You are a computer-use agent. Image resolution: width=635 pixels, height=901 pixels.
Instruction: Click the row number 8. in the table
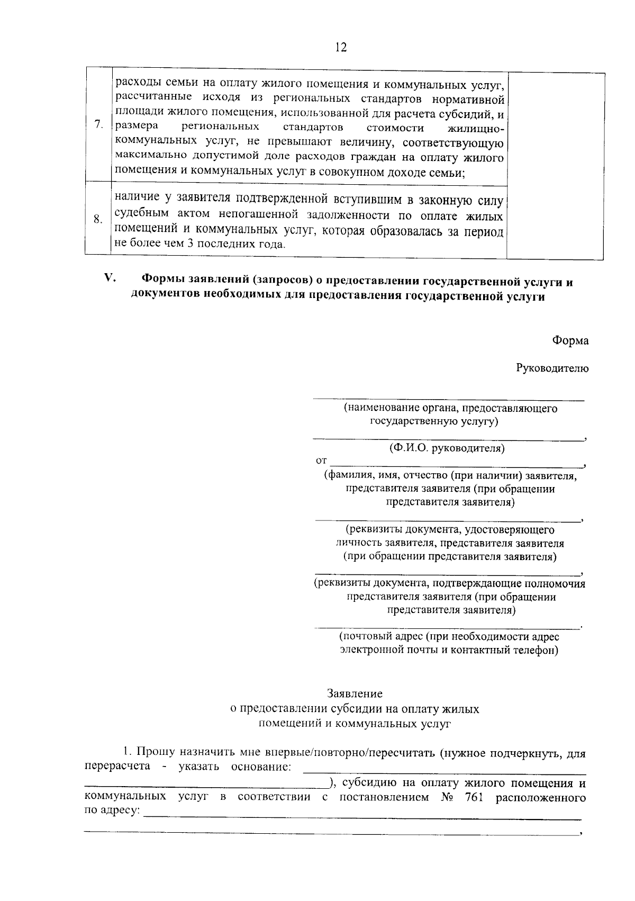[x=98, y=219]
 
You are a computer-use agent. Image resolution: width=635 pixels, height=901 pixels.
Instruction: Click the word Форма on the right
[x=570, y=341]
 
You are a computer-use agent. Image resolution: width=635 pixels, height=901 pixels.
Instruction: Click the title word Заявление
[x=355, y=693]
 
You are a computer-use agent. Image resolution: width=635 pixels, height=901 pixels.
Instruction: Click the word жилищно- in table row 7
[x=475, y=128]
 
